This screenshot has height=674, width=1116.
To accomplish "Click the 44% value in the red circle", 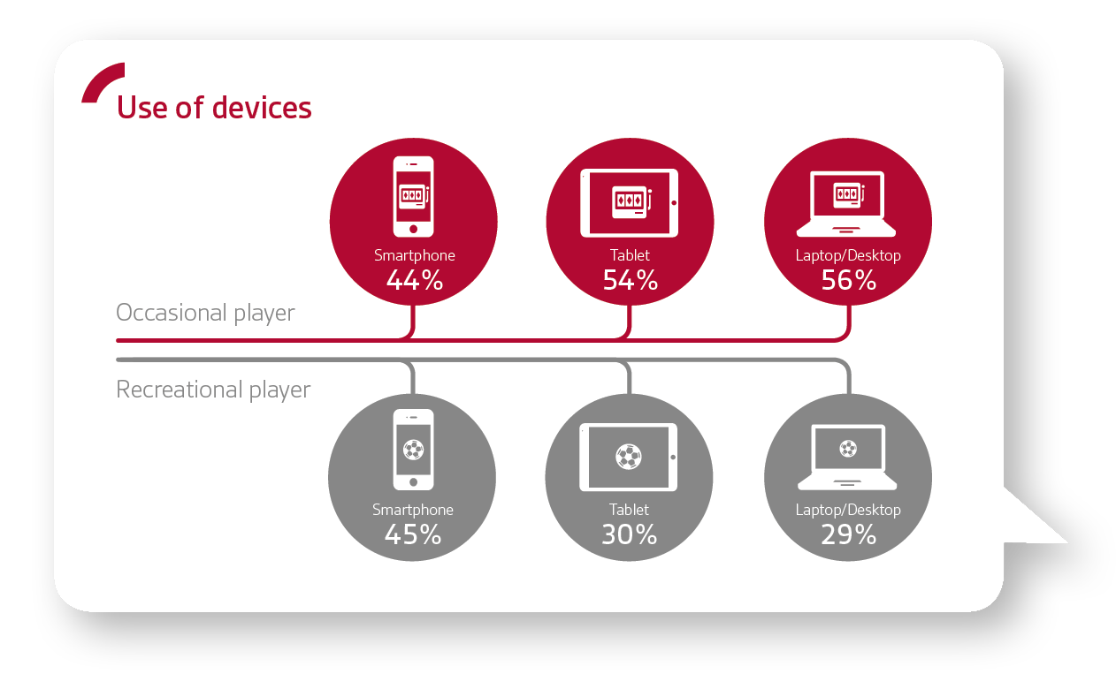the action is (x=415, y=280).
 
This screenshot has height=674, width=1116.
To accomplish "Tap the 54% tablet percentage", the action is (x=631, y=280).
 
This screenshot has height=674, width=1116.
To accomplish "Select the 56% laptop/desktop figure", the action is (x=848, y=280).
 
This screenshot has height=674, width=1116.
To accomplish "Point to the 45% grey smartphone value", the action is (x=413, y=534).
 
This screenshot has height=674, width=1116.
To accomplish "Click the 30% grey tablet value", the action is (x=630, y=534).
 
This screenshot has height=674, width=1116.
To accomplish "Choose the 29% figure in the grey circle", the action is (x=848, y=534).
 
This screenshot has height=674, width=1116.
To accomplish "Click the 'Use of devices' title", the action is (x=214, y=108).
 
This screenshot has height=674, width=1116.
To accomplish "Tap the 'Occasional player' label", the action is (x=205, y=313).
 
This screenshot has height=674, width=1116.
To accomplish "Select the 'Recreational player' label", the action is (x=213, y=390).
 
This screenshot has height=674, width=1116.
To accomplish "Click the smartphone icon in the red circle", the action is (x=414, y=197).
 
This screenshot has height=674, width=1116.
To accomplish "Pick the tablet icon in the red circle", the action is (x=630, y=203).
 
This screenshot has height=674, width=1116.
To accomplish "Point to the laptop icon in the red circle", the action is (x=846, y=204).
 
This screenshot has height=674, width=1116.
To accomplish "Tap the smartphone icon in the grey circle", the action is (x=414, y=450).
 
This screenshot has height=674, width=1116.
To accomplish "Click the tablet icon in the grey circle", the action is (x=629, y=457).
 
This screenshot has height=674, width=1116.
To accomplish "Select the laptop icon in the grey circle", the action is (x=847, y=457).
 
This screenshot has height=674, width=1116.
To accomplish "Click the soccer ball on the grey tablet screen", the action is (x=629, y=457).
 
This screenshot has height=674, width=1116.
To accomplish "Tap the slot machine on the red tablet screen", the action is (x=631, y=202).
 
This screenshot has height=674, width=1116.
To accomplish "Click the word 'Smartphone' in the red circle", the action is (x=415, y=255).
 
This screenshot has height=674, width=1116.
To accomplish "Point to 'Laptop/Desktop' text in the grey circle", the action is (x=848, y=510).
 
